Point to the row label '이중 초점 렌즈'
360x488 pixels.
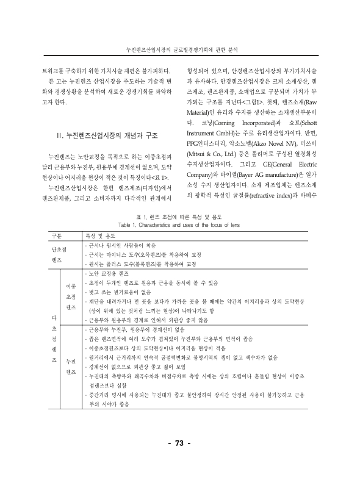70,296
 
